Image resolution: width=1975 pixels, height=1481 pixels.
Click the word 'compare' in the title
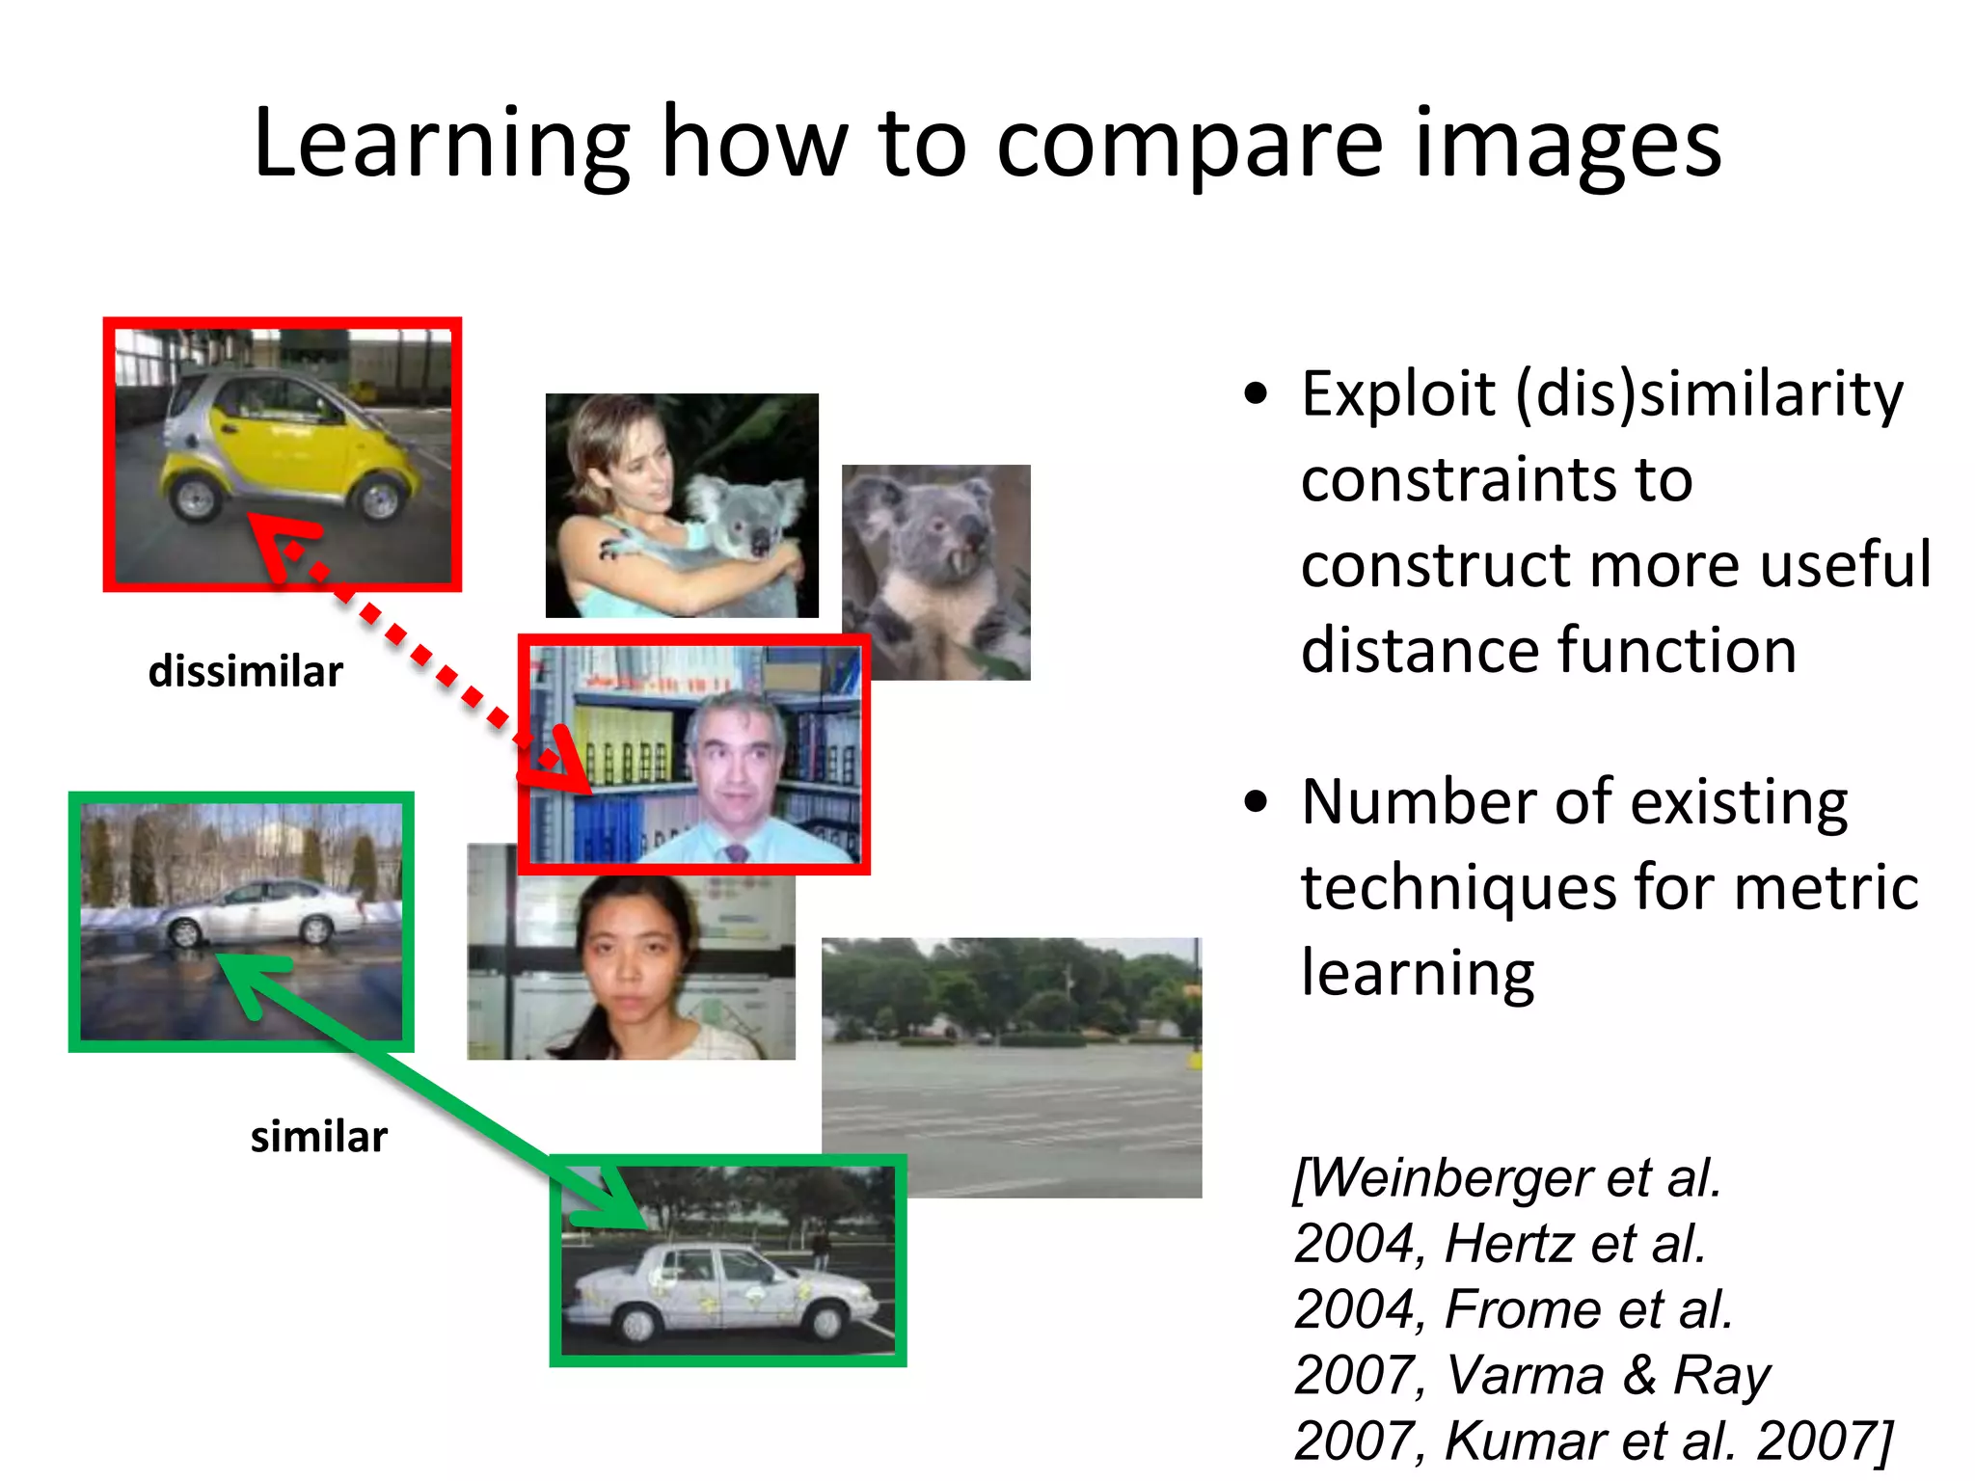pyautogui.click(x=1190, y=145)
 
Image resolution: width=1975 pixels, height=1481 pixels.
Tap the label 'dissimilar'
pyautogui.click(x=245, y=671)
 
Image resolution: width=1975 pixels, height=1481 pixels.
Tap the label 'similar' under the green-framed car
pyautogui.click(x=318, y=1137)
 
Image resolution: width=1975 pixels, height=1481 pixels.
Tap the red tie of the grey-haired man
pyautogui.click(x=737, y=852)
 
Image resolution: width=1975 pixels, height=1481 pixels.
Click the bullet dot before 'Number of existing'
pyautogui.click(x=1255, y=801)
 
